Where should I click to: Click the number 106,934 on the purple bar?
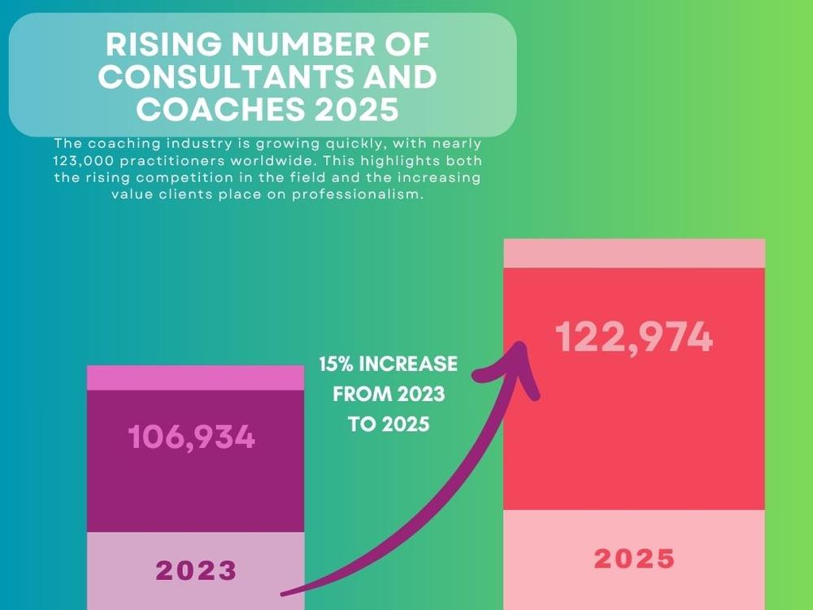(192, 438)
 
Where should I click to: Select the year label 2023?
(197, 570)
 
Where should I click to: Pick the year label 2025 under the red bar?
(634, 559)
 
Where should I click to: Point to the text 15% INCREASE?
(389, 364)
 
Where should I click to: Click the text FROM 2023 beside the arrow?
(389, 394)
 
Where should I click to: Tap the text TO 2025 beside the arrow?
(389, 425)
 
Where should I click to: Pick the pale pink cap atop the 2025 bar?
(634, 253)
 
